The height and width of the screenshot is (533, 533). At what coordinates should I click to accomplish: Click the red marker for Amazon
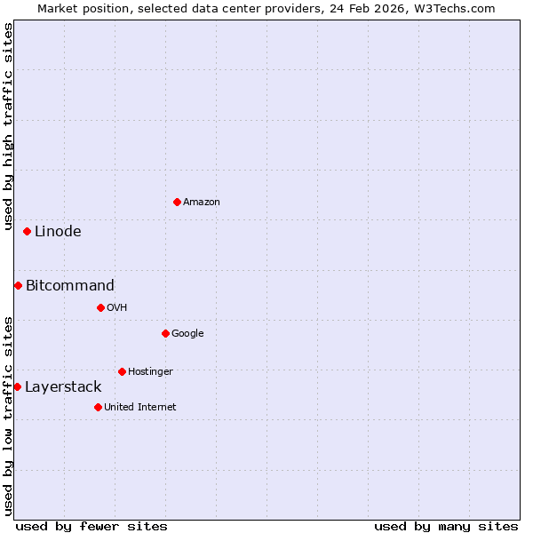(177, 202)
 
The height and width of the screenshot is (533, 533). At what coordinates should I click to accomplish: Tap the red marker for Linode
(27, 231)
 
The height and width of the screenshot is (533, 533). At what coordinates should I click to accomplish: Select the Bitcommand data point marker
(18, 285)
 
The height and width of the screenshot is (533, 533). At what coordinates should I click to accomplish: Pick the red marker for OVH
(100, 307)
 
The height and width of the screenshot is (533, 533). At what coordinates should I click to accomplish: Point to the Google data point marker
(165, 333)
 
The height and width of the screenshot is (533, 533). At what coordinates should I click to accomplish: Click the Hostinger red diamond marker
(122, 371)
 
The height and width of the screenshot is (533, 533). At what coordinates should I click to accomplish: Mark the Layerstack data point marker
(17, 386)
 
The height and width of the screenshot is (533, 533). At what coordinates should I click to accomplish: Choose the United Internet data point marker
(98, 407)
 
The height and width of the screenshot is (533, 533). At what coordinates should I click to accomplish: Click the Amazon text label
(202, 202)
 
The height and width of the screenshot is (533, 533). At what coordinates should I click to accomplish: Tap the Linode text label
(58, 231)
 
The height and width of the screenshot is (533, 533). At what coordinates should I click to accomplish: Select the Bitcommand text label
(70, 285)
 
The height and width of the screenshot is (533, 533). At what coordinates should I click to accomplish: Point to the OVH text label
(117, 307)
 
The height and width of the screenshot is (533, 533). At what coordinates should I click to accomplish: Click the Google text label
(187, 333)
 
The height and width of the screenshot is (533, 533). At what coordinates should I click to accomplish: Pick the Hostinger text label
(150, 371)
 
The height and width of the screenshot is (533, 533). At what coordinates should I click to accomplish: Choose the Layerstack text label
(63, 386)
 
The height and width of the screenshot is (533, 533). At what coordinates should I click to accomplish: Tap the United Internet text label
(139, 407)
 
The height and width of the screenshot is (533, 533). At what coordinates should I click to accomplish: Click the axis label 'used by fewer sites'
(91, 526)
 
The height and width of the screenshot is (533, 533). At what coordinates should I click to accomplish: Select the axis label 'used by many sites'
(446, 526)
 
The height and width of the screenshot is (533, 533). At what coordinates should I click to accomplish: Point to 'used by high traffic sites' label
(8, 126)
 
